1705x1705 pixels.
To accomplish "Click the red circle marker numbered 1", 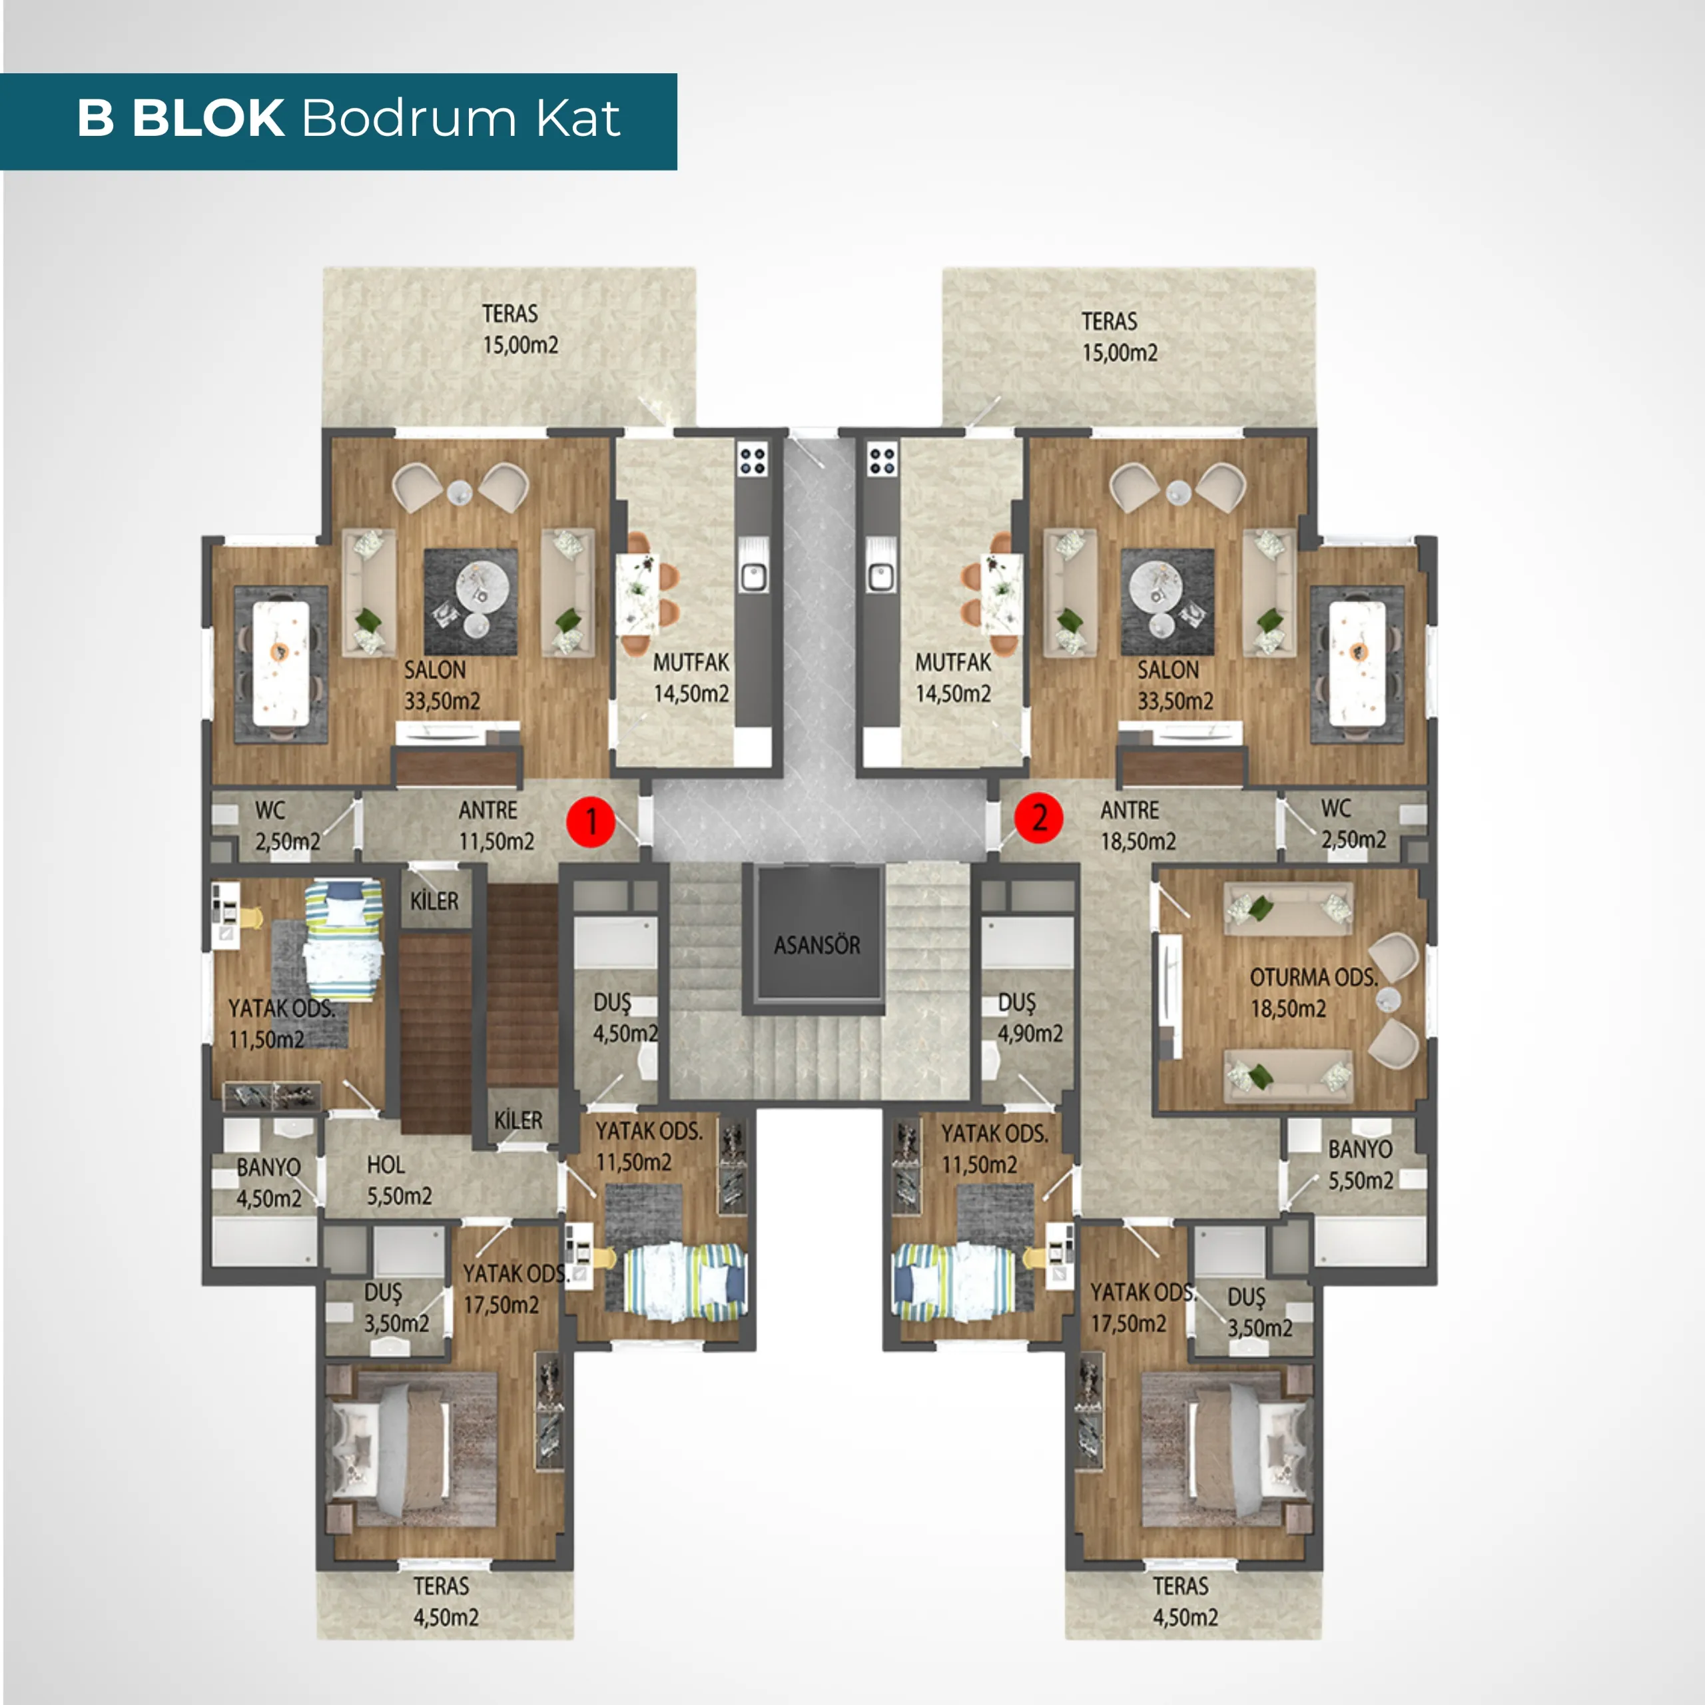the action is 590,822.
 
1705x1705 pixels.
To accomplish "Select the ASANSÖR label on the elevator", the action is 817,945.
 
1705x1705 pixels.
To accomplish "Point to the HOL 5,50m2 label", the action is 399,1180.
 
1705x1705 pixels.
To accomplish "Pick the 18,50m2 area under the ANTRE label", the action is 1138,841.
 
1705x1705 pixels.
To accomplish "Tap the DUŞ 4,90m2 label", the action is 1030,1018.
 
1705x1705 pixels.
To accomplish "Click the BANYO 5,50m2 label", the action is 1361,1165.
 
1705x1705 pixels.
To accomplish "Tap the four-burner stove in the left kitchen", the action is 753,459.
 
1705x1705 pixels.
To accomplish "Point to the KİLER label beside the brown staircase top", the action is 434,901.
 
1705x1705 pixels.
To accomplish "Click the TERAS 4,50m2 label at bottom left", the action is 446,1602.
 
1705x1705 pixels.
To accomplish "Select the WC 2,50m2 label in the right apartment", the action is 1353,823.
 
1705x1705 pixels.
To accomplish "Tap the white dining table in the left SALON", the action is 280,663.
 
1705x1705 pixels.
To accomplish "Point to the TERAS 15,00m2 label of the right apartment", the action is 1119,337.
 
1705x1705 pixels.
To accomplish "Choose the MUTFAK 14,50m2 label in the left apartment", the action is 691,678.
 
